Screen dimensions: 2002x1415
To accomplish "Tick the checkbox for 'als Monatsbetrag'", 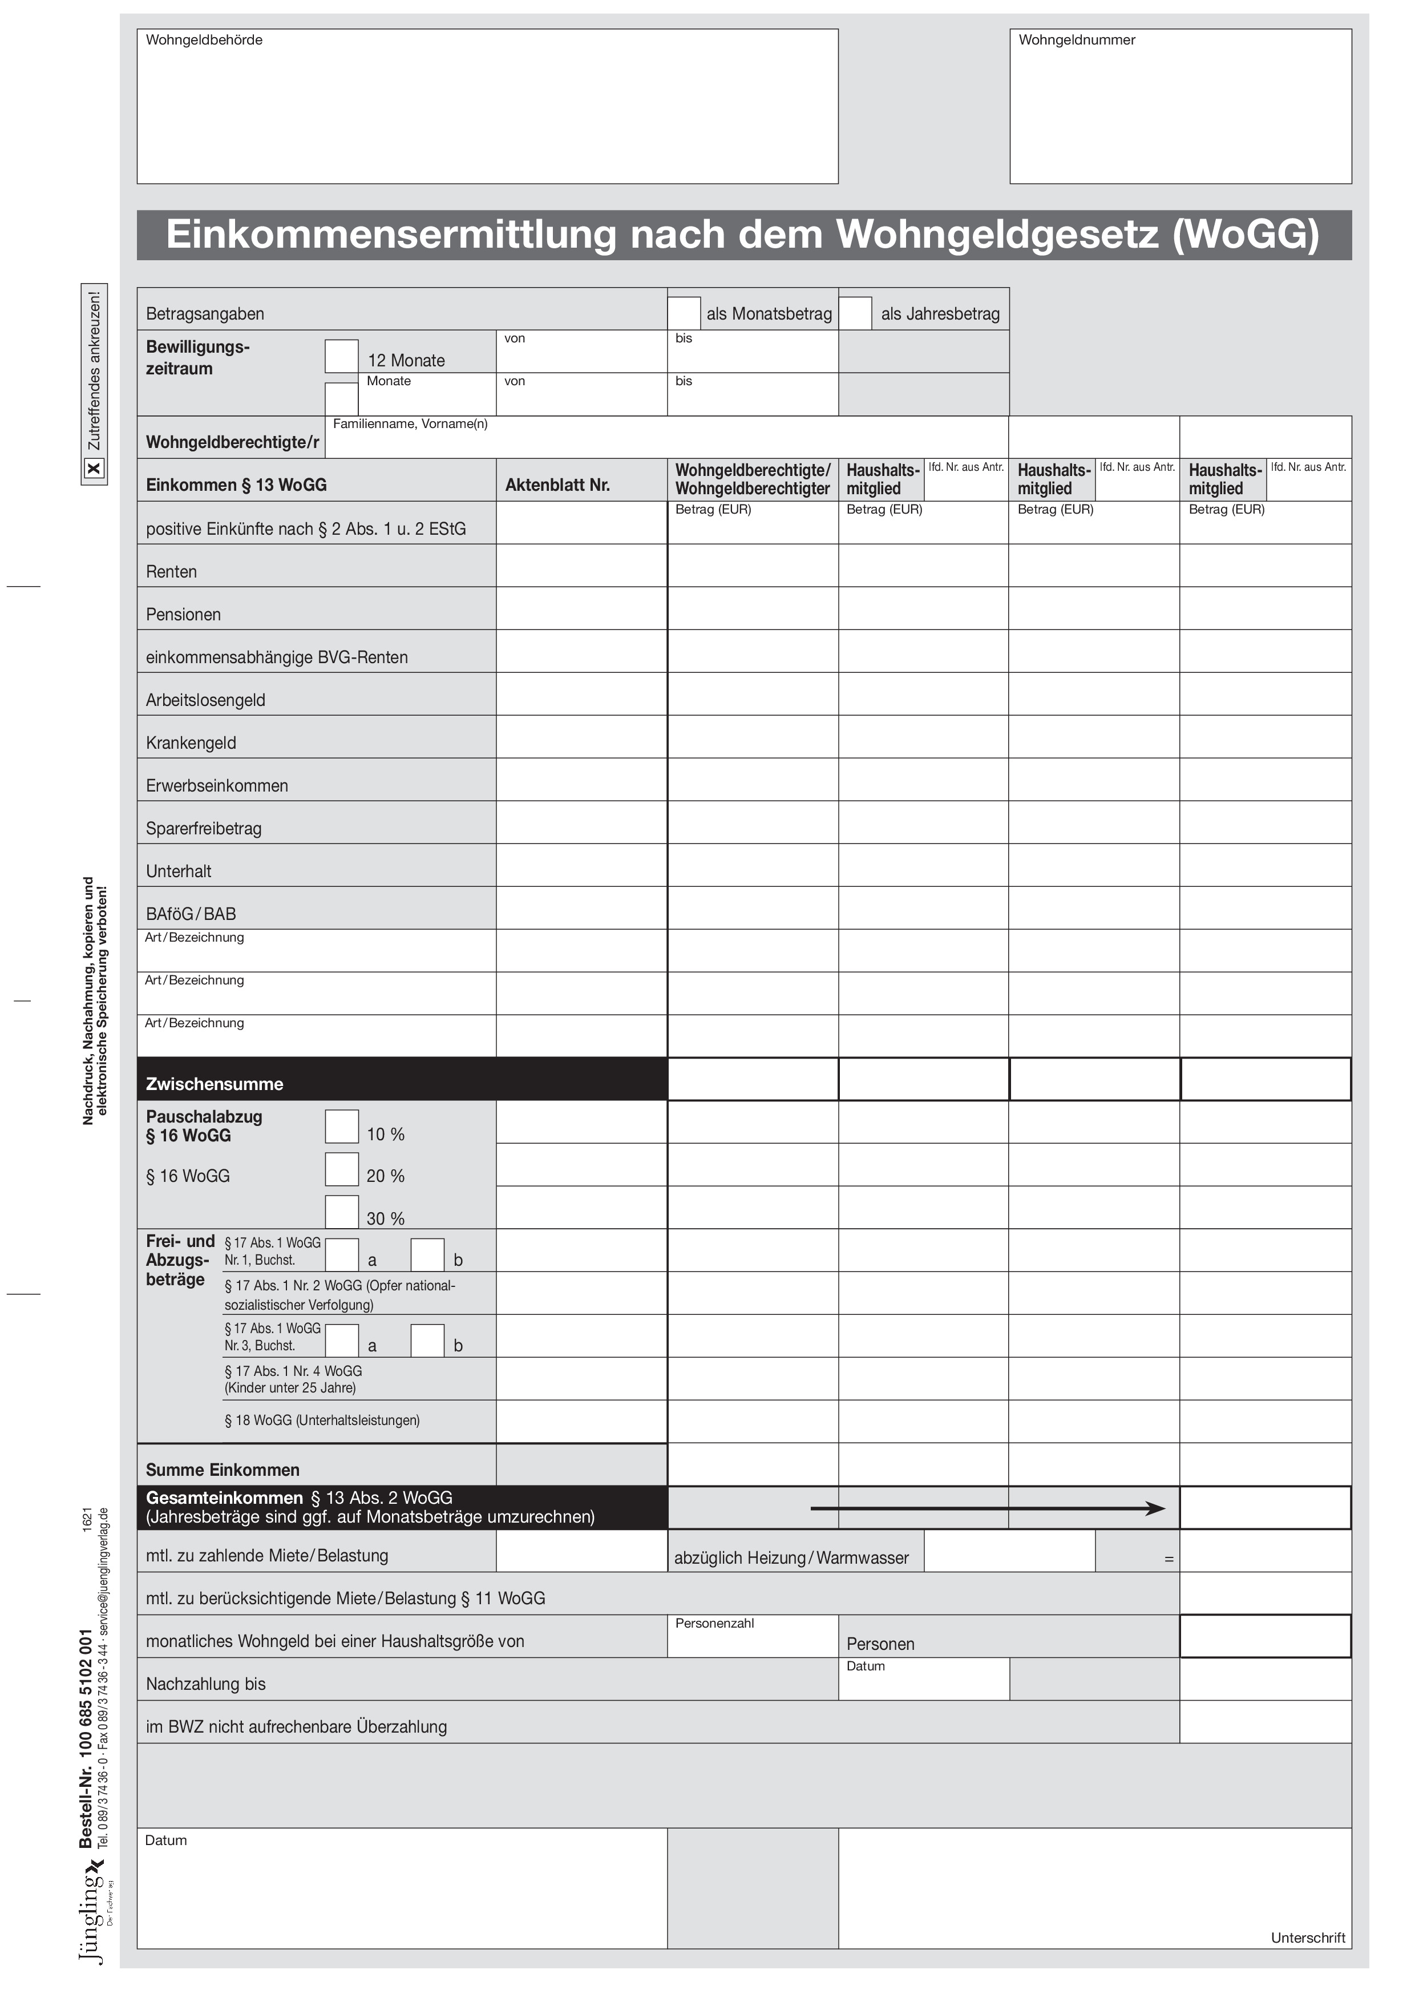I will click(685, 313).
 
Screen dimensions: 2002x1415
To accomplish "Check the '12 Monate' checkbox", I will click(342, 356).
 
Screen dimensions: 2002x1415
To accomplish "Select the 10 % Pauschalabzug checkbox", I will click(342, 1127).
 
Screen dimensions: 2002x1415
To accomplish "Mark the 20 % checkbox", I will click(342, 1169).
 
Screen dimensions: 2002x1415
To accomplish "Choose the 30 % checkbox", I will click(342, 1212).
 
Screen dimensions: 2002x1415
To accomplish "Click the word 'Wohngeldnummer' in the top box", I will click(1077, 40).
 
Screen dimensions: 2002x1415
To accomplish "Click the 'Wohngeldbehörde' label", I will click(204, 40).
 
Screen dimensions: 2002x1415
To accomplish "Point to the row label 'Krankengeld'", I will click(191, 743).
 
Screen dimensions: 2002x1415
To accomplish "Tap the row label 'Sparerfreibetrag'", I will click(203, 828).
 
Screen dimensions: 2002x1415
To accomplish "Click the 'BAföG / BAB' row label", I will click(191, 914).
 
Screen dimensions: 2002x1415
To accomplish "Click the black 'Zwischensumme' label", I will click(215, 1084).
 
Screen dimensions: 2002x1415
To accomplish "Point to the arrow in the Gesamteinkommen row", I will click(987, 1508).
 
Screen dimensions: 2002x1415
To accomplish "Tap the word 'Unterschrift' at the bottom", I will click(1308, 1938).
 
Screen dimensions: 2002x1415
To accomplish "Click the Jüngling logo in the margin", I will click(92, 1918).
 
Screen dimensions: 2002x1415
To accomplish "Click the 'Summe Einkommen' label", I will click(223, 1470).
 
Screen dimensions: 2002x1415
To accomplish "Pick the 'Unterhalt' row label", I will click(179, 871).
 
